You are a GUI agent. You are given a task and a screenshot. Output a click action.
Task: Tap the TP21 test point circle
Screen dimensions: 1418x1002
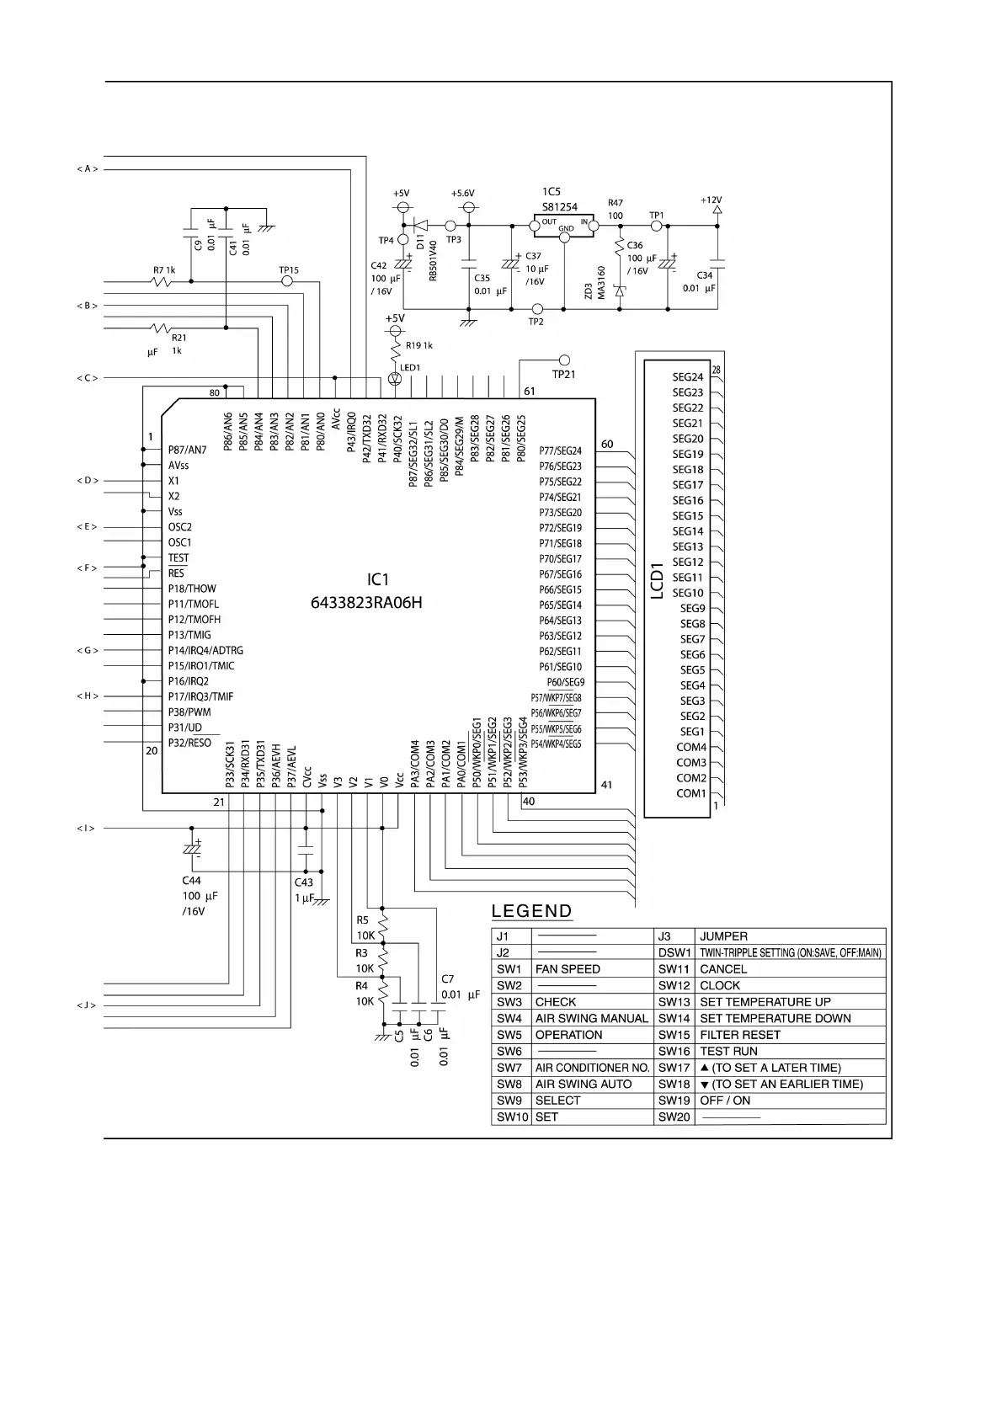coord(564,360)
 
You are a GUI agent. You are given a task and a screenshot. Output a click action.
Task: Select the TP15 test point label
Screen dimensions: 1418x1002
coord(288,270)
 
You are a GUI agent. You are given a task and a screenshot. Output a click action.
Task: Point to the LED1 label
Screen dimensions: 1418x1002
coord(410,368)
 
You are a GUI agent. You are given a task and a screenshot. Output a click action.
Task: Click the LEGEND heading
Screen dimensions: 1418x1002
coord(531,911)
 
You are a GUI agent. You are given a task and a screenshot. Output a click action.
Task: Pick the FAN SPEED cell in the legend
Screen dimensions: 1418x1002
coord(568,969)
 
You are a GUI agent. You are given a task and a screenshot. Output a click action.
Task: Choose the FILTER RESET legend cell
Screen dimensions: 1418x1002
coord(739,1035)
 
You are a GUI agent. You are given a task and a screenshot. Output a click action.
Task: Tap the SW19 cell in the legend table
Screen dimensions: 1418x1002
coord(674,1101)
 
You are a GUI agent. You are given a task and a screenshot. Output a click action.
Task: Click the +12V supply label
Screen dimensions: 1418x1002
coord(712,200)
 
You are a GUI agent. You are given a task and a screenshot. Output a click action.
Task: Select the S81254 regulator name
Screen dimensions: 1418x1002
coord(559,207)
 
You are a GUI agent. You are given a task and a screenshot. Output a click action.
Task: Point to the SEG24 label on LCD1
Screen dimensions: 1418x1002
coord(687,377)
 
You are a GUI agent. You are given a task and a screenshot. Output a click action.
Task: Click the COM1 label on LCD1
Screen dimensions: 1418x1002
coord(691,793)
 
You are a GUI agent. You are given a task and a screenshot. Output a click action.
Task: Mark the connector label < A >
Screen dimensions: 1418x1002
coord(88,169)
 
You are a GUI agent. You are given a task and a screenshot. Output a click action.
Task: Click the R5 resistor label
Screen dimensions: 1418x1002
coord(363,920)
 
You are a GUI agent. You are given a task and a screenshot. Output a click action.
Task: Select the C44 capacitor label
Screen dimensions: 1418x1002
coord(192,881)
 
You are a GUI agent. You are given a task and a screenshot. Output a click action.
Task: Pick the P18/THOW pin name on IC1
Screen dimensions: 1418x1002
coord(192,589)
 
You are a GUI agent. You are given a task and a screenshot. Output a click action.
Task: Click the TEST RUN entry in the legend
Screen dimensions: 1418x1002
coord(728,1051)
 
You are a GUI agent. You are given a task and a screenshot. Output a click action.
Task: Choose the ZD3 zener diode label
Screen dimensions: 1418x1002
coord(588,291)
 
